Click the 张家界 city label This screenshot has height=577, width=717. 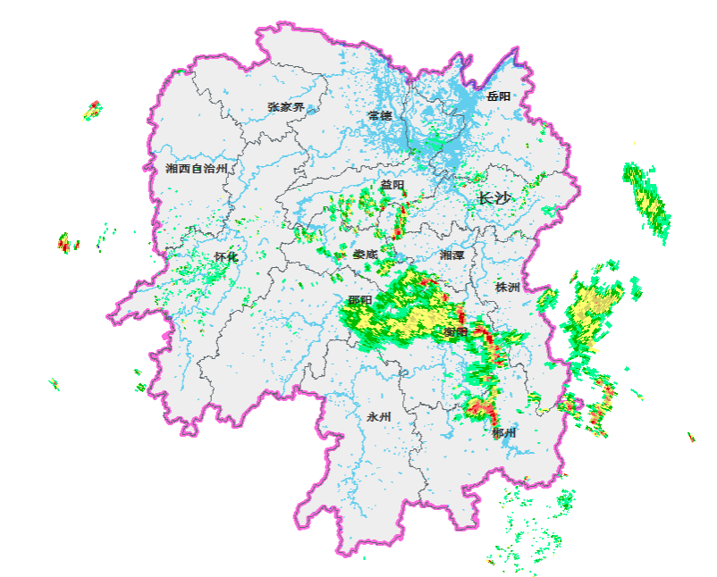click(x=286, y=107)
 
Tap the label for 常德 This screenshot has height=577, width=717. click(x=380, y=116)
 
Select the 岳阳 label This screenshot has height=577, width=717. click(x=499, y=96)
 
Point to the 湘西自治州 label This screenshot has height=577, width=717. click(x=197, y=168)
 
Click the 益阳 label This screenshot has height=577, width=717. click(x=392, y=185)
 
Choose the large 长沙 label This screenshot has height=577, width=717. click(x=494, y=198)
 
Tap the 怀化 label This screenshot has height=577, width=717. click(x=226, y=257)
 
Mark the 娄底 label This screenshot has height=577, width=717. click(x=365, y=255)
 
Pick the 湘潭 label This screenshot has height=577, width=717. click(x=452, y=255)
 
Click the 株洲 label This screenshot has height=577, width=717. click(x=507, y=288)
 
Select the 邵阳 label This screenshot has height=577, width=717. click(x=359, y=301)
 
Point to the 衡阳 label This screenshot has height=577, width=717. click(x=456, y=332)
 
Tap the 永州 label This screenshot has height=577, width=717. click(x=379, y=417)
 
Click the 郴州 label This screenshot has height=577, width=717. click(x=504, y=433)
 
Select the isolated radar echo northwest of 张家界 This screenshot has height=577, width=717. click(x=92, y=111)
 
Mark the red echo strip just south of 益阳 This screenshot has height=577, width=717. click(x=400, y=219)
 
